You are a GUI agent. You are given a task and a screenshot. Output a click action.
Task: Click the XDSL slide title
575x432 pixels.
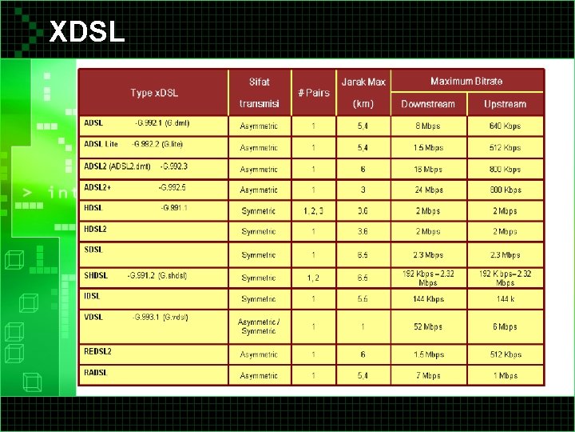(x=87, y=31)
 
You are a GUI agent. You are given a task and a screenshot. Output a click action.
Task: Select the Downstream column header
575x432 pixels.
(x=428, y=104)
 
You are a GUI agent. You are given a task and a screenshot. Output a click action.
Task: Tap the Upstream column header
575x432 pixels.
(x=505, y=104)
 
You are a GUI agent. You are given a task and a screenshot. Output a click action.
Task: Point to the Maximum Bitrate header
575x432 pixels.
(x=466, y=82)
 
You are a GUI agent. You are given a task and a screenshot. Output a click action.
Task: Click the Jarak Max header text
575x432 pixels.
(x=363, y=82)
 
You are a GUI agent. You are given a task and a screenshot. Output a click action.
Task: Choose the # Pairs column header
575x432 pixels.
(x=313, y=93)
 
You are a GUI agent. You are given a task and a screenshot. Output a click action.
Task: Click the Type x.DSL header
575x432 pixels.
(x=154, y=93)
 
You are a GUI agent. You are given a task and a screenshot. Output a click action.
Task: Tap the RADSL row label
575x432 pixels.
(x=96, y=372)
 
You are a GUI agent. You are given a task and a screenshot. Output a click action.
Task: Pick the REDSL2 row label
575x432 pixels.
(x=98, y=351)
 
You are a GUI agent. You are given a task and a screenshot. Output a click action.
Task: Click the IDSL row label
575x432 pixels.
(x=93, y=296)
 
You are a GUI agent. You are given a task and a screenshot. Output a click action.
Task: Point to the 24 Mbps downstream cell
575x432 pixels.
(x=428, y=190)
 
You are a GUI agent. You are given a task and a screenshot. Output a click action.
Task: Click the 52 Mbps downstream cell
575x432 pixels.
(x=428, y=326)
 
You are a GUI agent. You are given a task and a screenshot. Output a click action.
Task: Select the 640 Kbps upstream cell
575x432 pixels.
(x=505, y=126)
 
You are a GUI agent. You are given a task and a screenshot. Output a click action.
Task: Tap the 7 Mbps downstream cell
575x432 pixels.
(x=428, y=375)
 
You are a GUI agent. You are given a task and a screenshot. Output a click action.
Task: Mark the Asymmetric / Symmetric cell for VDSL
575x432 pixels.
(x=259, y=326)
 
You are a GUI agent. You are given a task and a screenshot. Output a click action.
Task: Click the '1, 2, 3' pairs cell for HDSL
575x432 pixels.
(x=313, y=211)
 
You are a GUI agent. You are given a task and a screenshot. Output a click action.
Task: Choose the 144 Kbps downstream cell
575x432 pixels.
(x=428, y=298)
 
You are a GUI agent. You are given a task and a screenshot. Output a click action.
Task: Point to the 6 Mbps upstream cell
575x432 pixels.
(x=505, y=326)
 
